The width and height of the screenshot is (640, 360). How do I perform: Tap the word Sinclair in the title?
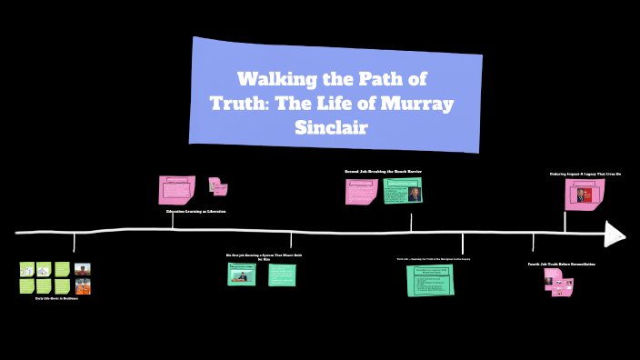pyautogui.click(x=332, y=126)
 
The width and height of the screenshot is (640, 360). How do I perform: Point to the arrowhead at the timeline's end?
pyautogui.click(x=615, y=234)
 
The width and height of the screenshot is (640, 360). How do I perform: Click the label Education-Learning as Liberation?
pyautogui.click(x=195, y=211)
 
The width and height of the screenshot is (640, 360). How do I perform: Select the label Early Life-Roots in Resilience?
pyautogui.click(x=56, y=298)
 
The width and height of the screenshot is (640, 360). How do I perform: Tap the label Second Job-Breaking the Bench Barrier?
pyautogui.click(x=383, y=172)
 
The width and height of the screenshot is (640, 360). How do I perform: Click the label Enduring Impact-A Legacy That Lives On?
pyautogui.click(x=585, y=174)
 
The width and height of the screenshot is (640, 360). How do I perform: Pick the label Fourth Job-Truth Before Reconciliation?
pyautogui.click(x=561, y=265)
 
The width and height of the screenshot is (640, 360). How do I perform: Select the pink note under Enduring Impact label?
pyautogui.click(x=585, y=195)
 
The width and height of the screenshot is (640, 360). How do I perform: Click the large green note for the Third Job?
pyautogui.click(x=430, y=280)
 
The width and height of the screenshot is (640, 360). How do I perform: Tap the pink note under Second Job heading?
pyautogui.click(x=361, y=191)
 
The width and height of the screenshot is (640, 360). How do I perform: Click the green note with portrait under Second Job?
pyautogui.click(x=403, y=191)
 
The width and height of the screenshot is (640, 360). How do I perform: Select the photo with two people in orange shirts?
pyautogui.click(x=83, y=286)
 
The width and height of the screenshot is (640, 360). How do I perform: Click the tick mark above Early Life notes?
pyautogui.click(x=75, y=243)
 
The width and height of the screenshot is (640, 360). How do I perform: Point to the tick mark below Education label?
pyautogui.click(x=173, y=221)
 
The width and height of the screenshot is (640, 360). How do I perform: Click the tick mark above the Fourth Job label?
pyautogui.click(x=534, y=242)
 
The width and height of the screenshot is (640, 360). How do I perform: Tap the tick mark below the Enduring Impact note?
pyautogui.click(x=565, y=221)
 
